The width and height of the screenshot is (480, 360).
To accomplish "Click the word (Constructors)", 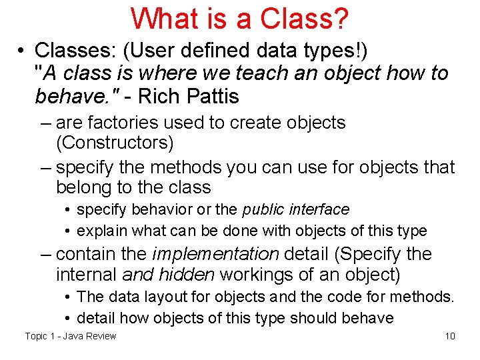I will pyautogui.click(x=115, y=143).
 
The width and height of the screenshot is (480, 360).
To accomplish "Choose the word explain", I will pyautogui.click(x=103, y=231).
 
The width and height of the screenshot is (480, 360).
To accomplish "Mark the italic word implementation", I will pyautogui.click(x=216, y=253).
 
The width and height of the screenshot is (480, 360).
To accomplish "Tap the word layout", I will pyautogui.click(x=159, y=296).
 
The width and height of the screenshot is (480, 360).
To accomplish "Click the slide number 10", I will pyautogui.click(x=450, y=335).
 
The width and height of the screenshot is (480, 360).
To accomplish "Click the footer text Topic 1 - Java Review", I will pyautogui.click(x=70, y=335).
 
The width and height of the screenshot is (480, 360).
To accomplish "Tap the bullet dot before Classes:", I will pyautogui.click(x=22, y=51).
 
